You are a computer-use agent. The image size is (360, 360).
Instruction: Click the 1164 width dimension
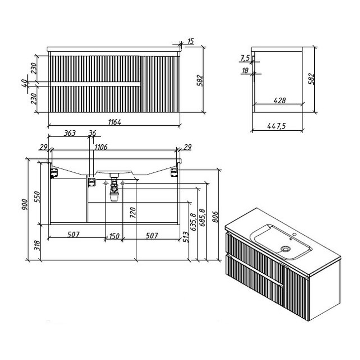coord(114,122)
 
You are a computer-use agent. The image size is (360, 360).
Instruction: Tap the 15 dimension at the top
coord(191,41)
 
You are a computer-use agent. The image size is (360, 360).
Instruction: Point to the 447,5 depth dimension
coord(276,126)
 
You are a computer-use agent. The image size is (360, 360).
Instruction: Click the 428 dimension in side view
coord(280,100)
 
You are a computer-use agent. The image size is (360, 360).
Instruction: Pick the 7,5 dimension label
coord(245,58)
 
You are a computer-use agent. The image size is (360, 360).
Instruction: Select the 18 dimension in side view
coord(245,71)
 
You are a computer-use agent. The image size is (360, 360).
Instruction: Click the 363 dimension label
coord(69,133)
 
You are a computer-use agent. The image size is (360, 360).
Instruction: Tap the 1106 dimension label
coord(101,147)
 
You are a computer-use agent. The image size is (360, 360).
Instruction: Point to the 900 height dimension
coord(24,204)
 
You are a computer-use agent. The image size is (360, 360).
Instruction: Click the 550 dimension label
coord(37,197)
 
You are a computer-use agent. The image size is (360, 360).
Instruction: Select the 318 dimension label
coord(37,246)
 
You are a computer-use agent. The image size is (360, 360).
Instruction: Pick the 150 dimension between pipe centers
coord(114,236)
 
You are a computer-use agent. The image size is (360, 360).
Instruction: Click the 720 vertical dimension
coord(133,213)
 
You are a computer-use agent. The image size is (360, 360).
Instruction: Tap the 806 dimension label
coord(215,217)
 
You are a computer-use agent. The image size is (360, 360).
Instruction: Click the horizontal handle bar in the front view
coord(95,84)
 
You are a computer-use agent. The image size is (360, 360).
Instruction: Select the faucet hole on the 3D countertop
coord(294,235)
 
